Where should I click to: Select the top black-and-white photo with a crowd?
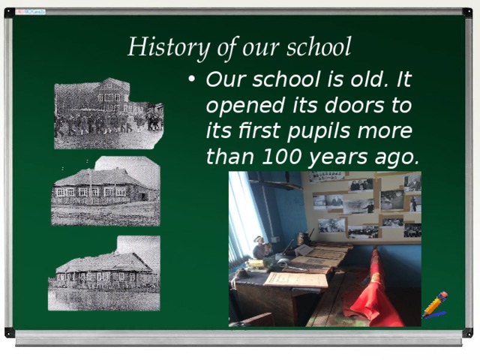point(108,112)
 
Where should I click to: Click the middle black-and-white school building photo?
point(105,191)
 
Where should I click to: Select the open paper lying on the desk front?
point(296,279)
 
